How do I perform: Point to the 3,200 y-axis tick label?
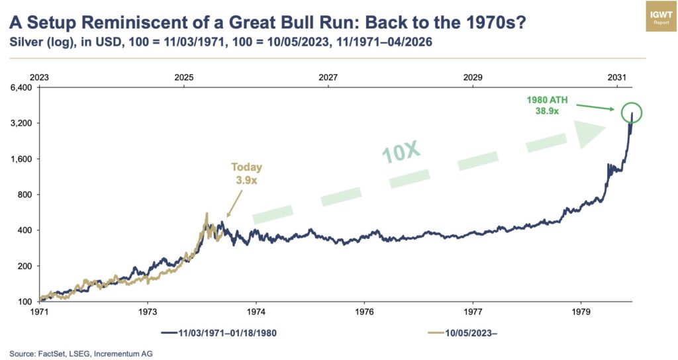(x=22, y=124)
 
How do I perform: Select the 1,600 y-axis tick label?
(x=22, y=159)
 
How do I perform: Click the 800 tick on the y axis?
(x=25, y=195)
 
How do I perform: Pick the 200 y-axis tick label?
(x=25, y=266)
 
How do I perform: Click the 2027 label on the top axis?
(x=328, y=77)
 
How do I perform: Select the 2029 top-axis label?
(x=472, y=77)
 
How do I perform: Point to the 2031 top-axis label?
(x=616, y=77)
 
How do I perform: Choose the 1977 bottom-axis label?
(x=473, y=310)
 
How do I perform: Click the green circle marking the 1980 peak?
(x=632, y=112)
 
